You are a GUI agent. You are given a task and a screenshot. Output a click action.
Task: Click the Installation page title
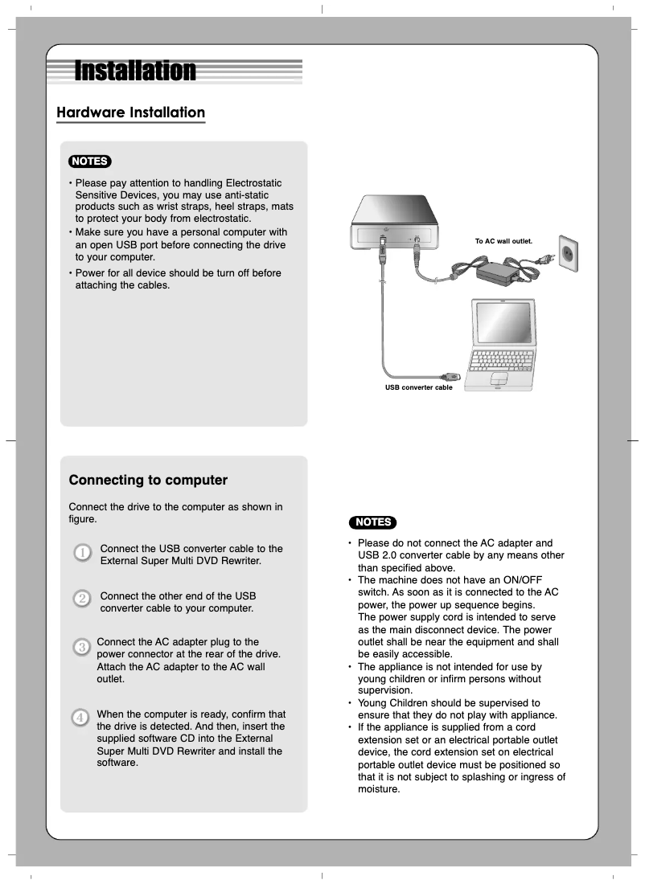[135, 71]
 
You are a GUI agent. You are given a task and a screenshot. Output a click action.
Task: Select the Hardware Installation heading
[130, 113]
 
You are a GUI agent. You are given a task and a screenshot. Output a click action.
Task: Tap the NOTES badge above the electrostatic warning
[90, 161]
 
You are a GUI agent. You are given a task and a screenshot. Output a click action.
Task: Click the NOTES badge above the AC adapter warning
[372, 522]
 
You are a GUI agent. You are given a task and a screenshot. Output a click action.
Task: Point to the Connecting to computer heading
[148, 481]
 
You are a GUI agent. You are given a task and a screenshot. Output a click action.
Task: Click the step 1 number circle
[82, 554]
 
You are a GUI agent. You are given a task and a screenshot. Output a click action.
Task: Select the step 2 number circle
[82, 599]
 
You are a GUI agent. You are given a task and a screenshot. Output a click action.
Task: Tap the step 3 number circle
[82, 647]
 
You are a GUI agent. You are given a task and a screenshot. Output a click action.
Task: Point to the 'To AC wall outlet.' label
[503, 240]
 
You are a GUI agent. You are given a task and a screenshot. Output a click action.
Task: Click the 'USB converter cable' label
[418, 387]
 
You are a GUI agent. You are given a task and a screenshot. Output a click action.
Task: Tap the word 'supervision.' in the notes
[384, 690]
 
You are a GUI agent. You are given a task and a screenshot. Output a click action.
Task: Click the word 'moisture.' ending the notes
[378, 788]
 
